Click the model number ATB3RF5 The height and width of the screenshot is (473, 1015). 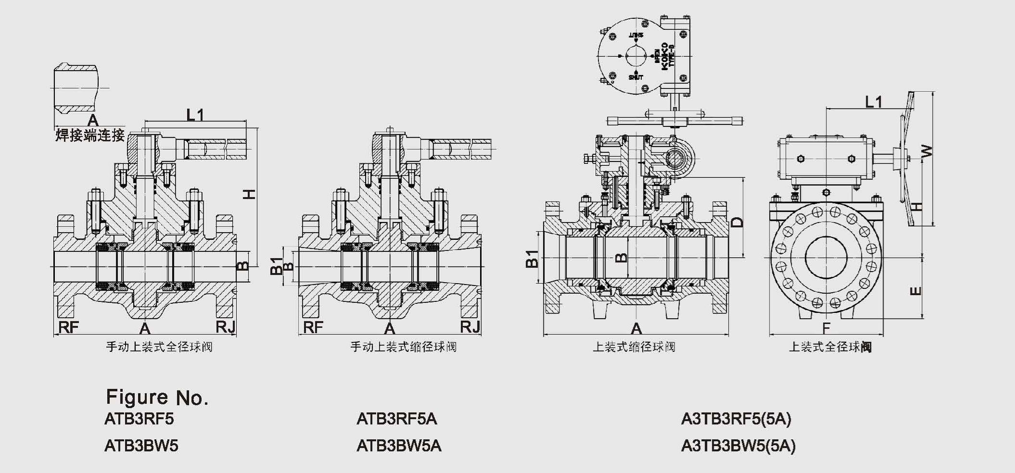tap(139, 419)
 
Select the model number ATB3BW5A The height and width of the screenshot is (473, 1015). tap(398, 446)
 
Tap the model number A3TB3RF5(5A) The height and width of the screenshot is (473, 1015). tap(736, 419)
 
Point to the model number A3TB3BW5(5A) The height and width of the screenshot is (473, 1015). tap(738, 446)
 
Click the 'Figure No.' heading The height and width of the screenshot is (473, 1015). tap(157, 398)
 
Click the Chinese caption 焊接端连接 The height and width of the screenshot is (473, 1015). tap(90, 135)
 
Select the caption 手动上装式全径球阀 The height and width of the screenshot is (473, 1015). tap(159, 347)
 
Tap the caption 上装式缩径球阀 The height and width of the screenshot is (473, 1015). tap(634, 347)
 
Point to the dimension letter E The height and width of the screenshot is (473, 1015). tap(916, 291)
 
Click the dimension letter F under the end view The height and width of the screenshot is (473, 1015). tap(826, 328)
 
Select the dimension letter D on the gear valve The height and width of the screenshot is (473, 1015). tap(737, 222)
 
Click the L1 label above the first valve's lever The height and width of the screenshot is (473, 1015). tap(195, 114)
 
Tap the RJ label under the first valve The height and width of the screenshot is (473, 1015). tap(225, 327)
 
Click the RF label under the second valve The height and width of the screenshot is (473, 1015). tap(313, 327)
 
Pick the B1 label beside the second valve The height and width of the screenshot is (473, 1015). tap(277, 266)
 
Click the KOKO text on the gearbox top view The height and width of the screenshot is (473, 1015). tap(665, 57)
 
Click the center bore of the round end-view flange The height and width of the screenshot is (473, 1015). tap(826, 258)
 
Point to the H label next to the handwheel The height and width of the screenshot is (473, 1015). tap(917, 207)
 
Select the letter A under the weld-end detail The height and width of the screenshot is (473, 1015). tap(92, 120)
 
